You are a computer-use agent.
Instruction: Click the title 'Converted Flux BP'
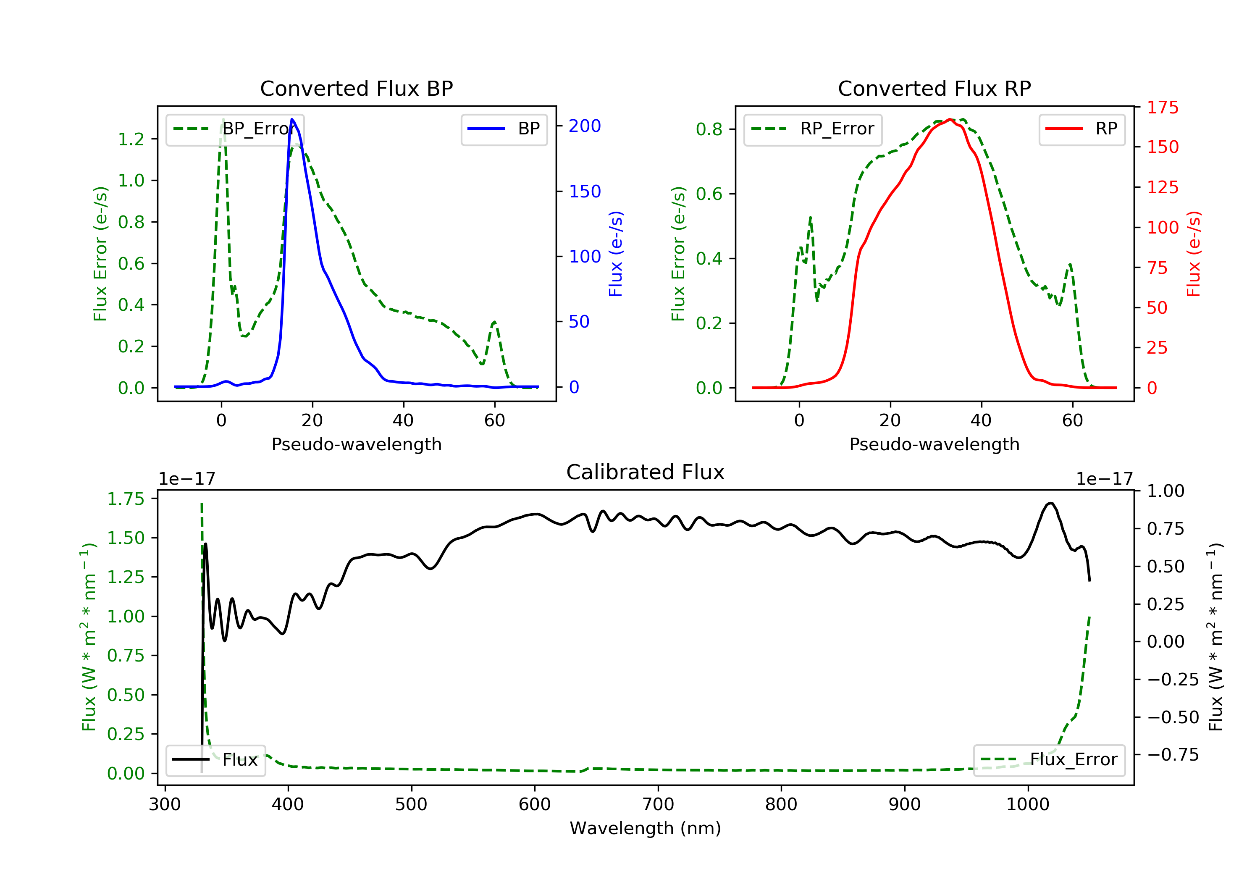[x=356, y=88]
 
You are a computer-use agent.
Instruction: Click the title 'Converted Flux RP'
[x=934, y=88]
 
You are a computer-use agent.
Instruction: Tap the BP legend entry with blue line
[x=504, y=129]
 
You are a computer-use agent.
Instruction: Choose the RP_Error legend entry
[x=812, y=129]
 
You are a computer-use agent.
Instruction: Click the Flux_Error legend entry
[x=1049, y=760]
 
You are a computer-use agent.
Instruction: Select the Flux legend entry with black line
[x=215, y=760]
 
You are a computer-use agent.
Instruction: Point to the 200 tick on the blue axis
[x=585, y=126]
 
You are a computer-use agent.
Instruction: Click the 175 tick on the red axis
[x=1162, y=108]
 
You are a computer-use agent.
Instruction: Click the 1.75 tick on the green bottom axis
[x=126, y=499]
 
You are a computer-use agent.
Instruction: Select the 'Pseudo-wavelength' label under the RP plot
[x=934, y=444]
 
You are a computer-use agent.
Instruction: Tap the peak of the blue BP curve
[x=292, y=119]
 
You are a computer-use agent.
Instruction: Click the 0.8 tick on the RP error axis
[x=709, y=129]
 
